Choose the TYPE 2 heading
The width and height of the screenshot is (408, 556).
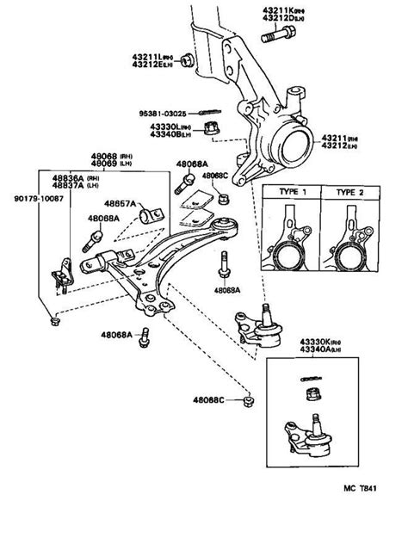point(350,193)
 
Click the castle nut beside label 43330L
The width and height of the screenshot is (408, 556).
point(209,129)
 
